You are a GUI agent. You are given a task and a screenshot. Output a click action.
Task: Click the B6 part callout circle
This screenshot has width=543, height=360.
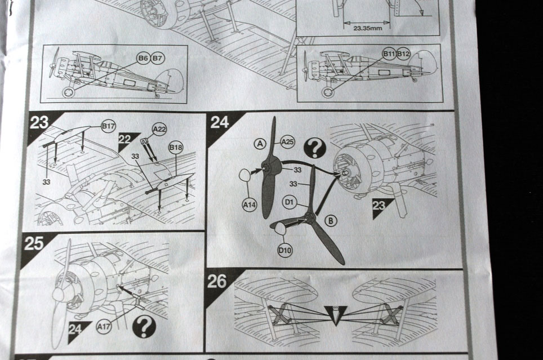(143, 58)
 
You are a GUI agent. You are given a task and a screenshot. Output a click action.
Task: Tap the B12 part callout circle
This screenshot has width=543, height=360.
(403, 54)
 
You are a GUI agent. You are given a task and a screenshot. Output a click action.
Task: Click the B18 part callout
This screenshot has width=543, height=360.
(176, 148)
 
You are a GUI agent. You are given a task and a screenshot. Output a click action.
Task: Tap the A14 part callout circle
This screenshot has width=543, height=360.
(249, 205)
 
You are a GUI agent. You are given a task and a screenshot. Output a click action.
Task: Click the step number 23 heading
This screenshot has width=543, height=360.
(38, 123)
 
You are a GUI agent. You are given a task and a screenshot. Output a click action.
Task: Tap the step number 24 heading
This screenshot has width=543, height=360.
(220, 122)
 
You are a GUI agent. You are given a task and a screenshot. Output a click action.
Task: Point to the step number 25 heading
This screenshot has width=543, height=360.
(34, 243)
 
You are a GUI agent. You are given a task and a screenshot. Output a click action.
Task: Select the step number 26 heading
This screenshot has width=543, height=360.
(217, 281)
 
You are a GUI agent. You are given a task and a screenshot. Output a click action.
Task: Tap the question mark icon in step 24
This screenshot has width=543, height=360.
(314, 148)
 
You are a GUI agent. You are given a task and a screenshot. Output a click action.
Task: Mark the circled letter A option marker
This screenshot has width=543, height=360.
(260, 144)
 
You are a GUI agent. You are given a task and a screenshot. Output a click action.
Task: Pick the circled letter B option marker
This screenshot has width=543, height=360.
(331, 220)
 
